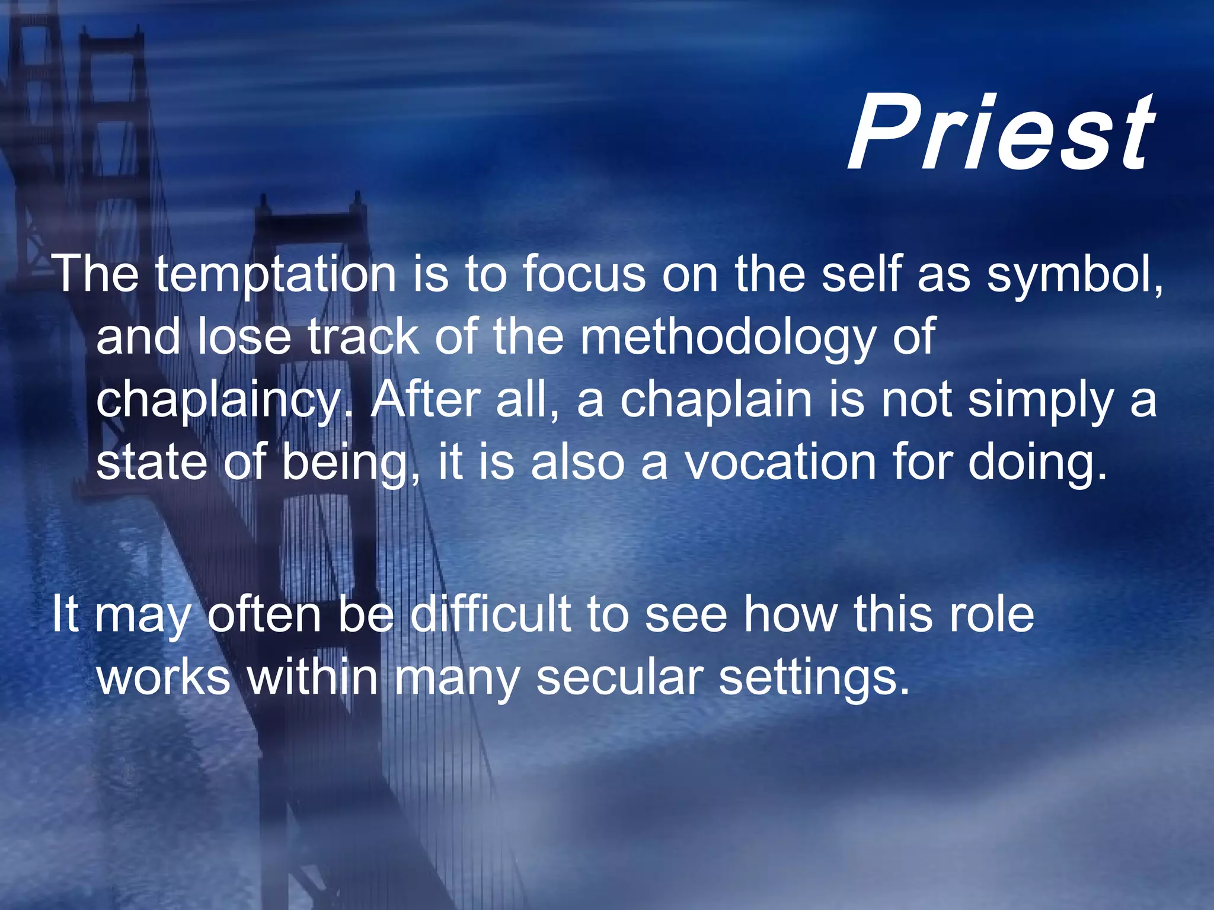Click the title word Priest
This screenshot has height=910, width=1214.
point(1001,134)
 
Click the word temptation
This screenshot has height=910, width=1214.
point(276,275)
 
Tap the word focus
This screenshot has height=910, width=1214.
point(583,274)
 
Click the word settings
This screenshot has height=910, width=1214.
point(814,678)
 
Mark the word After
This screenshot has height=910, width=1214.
point(425,400)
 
